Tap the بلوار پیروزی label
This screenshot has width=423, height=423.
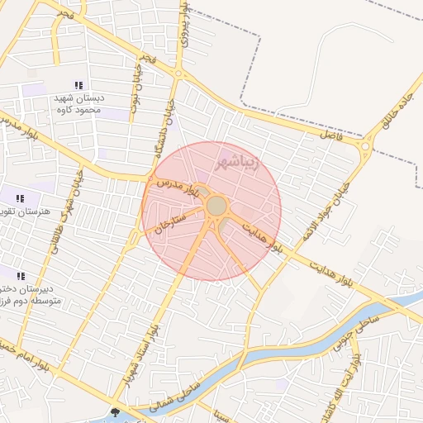[189, 25]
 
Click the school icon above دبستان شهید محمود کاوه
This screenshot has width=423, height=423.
[78, 85]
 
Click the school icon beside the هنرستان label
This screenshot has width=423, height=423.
[20, 198]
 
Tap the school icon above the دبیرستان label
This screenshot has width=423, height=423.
[21, 276]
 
